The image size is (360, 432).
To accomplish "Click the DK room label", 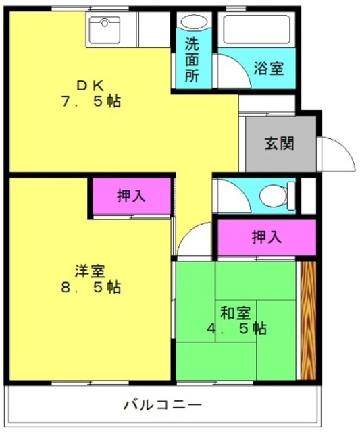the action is pos(90,86).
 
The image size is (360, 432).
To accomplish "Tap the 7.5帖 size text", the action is pos(91,101).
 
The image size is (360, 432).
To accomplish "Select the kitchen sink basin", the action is pos(105,30).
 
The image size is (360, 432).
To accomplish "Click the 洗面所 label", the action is pos(192,59).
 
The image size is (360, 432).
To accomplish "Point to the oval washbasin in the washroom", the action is pos(194,22).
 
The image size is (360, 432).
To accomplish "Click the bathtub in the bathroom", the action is pos(257,29).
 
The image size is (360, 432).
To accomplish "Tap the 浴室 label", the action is pos(269,68).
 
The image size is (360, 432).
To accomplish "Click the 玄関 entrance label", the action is pos(279,143).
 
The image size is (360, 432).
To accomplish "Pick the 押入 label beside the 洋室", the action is pos(131,196).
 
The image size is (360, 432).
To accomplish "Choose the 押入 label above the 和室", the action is pos(267,237).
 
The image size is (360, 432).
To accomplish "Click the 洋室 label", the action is pos(90,271).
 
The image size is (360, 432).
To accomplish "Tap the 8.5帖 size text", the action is pos(91,288).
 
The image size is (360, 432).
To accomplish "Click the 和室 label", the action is pos(236,313).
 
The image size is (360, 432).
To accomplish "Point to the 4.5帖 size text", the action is pos(237,328).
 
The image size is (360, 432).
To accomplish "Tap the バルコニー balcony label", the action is pos(163,405).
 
